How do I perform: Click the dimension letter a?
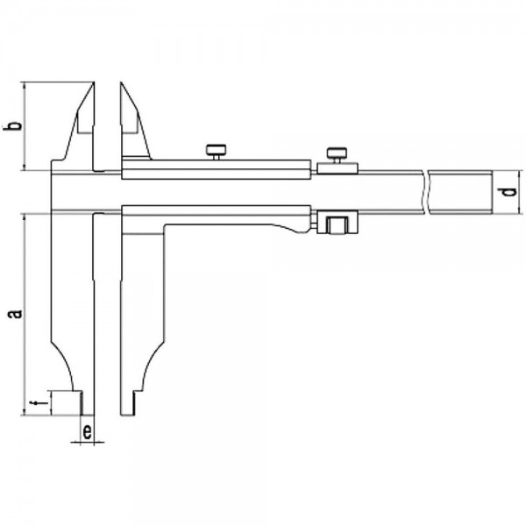click(16, 314)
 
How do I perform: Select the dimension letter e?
click(87, 431)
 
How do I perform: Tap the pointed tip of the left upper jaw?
click(94, 82)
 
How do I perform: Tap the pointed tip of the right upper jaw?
click(121, 82)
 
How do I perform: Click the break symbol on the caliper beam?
click(426, 192)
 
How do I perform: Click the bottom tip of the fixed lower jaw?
click(88, 415)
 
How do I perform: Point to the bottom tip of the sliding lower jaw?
click(127, 415)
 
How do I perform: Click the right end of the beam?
click(492, 192)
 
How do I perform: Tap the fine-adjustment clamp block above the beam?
click(338, 168)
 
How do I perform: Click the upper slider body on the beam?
click(216, 169)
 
